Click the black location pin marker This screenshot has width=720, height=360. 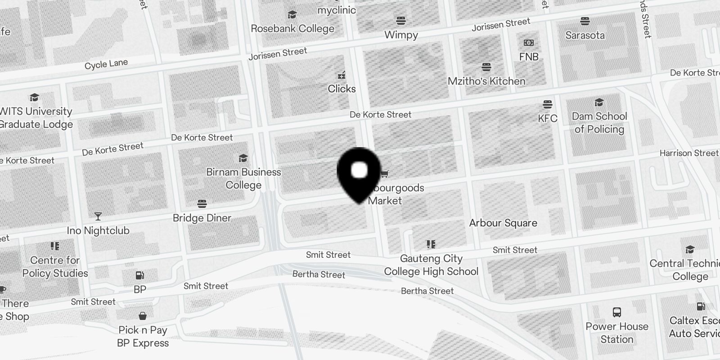[359, 173]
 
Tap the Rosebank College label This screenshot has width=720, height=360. [292, 28]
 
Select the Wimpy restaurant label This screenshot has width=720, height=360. [401, 35]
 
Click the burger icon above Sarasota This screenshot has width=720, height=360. [585, 21]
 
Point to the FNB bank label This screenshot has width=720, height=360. [529, 57]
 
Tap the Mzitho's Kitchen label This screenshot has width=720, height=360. [486, 81]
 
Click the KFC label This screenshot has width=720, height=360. [548, 118]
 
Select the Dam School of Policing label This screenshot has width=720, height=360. [599, 122]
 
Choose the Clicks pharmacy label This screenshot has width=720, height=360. [342, 89]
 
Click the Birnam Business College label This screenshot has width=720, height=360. [243, 178]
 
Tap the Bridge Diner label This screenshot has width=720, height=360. [202, 218]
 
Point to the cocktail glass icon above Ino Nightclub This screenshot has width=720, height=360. [98, 216]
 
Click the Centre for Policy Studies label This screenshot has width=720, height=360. [55, 266]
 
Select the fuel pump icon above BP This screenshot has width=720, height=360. [140, 275]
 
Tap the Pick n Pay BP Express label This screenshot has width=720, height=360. [143, 336]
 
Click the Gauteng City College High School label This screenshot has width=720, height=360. [431, 265]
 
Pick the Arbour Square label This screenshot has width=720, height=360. [503, 223]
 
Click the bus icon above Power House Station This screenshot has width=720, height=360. [617, 312]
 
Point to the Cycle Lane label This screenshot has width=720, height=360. [106, 64]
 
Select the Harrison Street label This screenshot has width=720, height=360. [688, 153]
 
